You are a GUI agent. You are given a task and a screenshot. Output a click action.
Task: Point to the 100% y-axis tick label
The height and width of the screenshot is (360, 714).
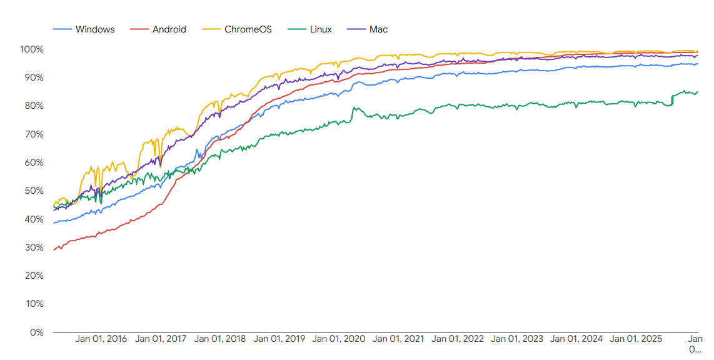tap(31, 49)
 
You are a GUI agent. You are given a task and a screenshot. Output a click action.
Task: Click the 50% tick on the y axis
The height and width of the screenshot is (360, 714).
tap(33, 191)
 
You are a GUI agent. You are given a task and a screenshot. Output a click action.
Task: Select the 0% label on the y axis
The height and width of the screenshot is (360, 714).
tap(36, 332)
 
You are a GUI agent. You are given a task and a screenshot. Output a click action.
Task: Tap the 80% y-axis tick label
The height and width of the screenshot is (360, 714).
tap(33, 106)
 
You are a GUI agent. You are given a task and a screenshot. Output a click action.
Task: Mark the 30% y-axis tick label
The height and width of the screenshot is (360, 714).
tap(33, 247)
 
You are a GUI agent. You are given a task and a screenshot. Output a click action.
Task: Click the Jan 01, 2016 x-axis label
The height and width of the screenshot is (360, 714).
tap(101, 339)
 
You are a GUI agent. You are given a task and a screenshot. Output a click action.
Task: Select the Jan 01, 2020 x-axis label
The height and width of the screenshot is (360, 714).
tap(338, 339)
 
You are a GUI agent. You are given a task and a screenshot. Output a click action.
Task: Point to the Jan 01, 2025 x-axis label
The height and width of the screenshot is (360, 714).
tap(635, 339)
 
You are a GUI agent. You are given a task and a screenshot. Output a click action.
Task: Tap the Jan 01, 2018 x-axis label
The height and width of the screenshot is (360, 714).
tap(219, 339)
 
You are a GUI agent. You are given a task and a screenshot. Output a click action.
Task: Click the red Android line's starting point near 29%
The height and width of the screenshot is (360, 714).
tap(54, 249)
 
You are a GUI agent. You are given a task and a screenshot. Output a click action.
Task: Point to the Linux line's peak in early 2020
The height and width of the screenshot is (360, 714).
tap(354, 107)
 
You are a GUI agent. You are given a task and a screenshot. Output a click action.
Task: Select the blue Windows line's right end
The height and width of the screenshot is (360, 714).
tap(698, 64)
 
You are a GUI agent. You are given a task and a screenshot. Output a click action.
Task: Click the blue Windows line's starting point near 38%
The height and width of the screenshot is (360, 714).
tap(54, 222)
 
